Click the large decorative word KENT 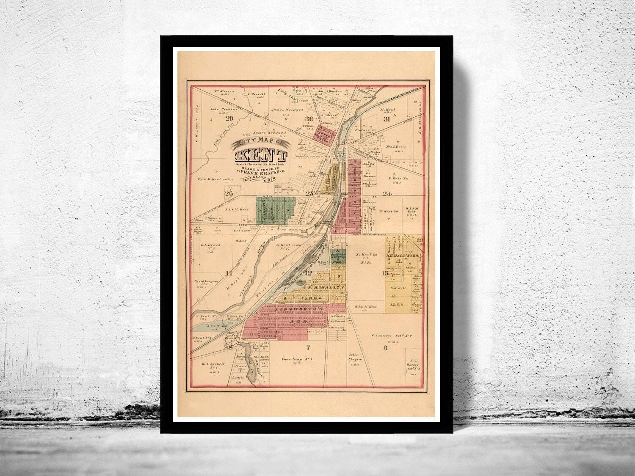(260, 155)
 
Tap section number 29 (230, 118)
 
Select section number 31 (387, 119)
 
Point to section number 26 (229, 194)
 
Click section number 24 (387, 194)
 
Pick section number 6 (385, 348)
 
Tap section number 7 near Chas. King (309, 348)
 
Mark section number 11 (229, 272)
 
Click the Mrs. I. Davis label (395, 147)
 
